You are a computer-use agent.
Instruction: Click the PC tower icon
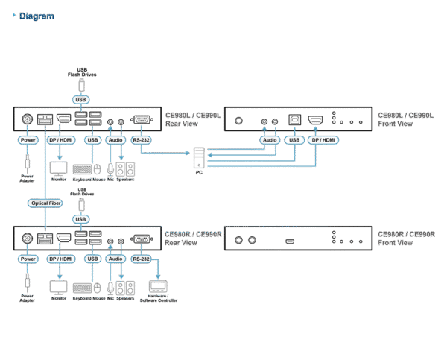coord(198,159)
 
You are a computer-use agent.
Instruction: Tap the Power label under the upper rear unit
coord(28,139)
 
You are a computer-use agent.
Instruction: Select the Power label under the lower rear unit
coord(28,259)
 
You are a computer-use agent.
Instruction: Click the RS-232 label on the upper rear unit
coord(140,139)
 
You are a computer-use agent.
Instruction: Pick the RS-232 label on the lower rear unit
coord(140,259)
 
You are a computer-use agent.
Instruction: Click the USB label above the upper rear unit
coord(81,98)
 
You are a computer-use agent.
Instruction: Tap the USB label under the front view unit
coord(294,139)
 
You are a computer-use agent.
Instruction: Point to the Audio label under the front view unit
coord(269,139)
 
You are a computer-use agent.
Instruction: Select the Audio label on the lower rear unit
coord(115,259)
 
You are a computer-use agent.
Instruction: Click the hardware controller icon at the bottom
coord(157,286)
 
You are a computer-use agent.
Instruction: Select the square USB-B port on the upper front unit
coord(294,119)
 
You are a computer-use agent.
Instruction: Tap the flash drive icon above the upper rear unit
coord(81,83)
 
